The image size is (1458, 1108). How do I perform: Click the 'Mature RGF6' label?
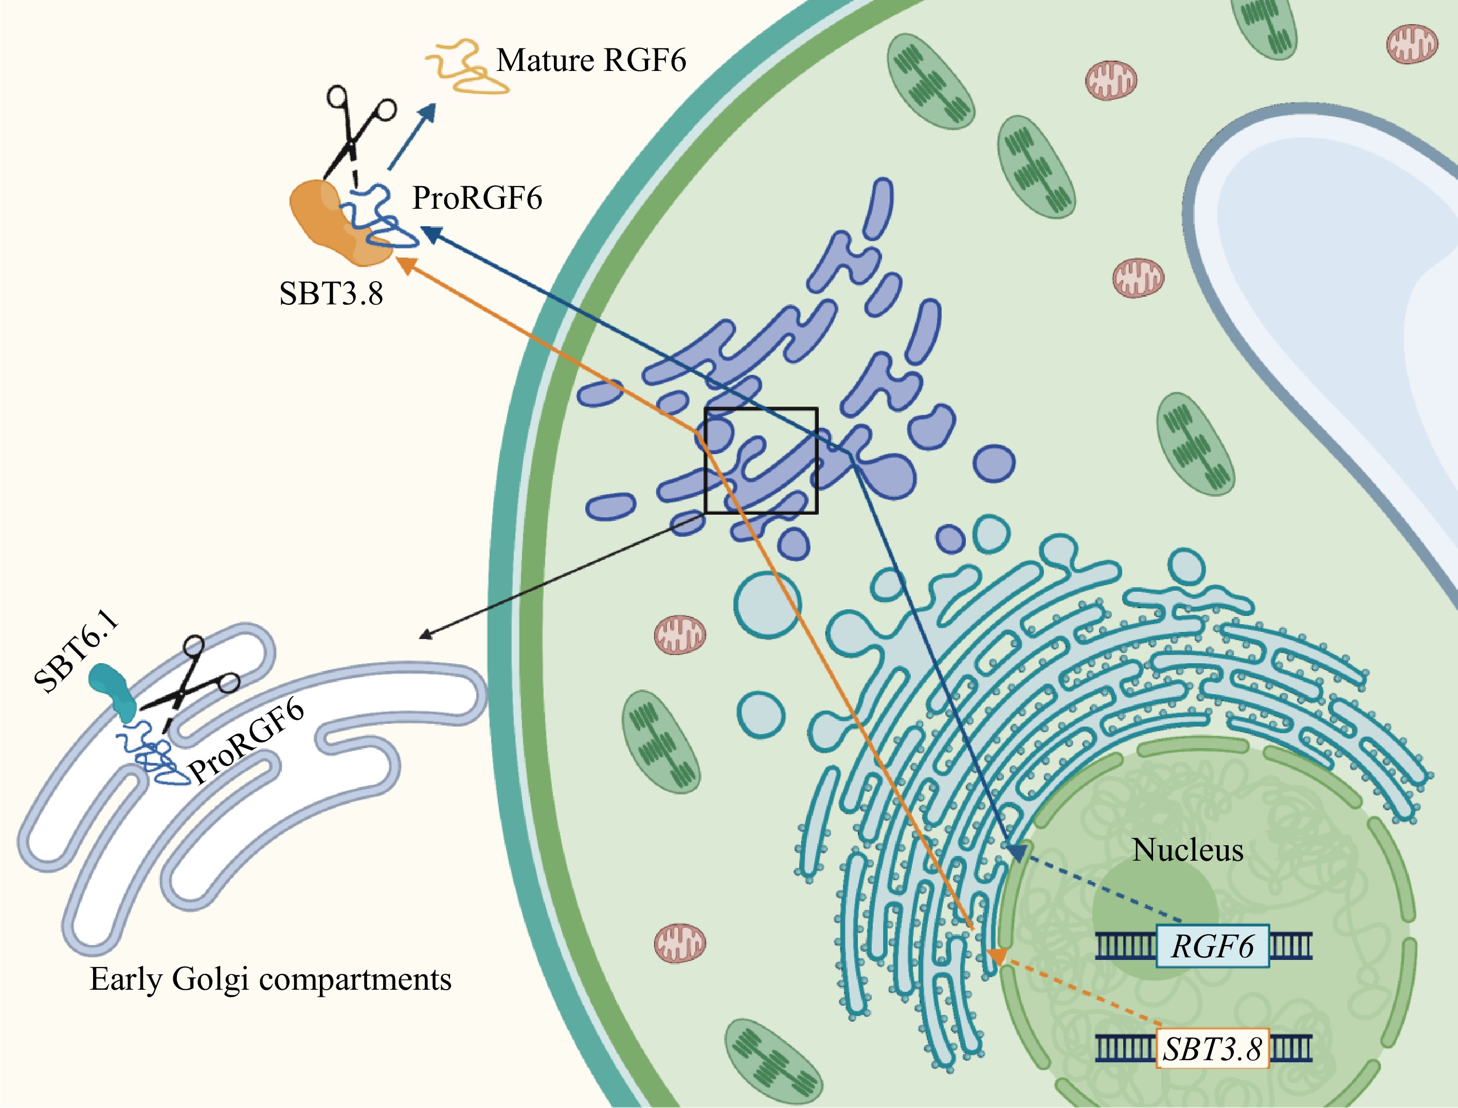(590, 61)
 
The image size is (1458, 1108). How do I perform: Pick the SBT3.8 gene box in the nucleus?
(1212, 1049)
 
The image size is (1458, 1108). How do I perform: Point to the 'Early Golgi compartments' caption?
(271, 979)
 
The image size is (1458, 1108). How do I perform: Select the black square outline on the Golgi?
(761, 460)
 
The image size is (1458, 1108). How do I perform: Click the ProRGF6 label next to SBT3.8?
(477, 198)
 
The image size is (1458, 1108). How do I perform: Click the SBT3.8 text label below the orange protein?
(331, 294)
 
